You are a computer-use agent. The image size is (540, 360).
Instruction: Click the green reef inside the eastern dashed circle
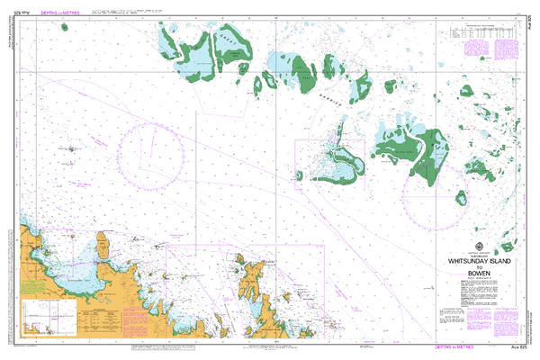point(461,197)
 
